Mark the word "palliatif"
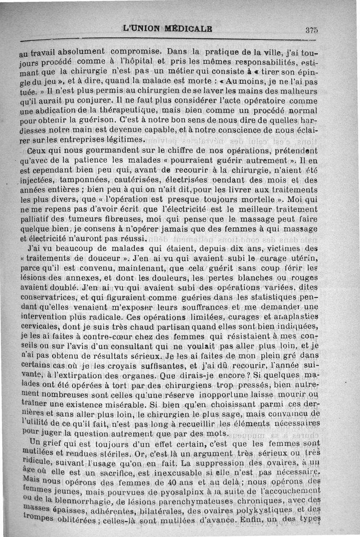pyautogui.click(x=39, y=219)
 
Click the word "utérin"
pyautogui.click(x=303, y=258)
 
